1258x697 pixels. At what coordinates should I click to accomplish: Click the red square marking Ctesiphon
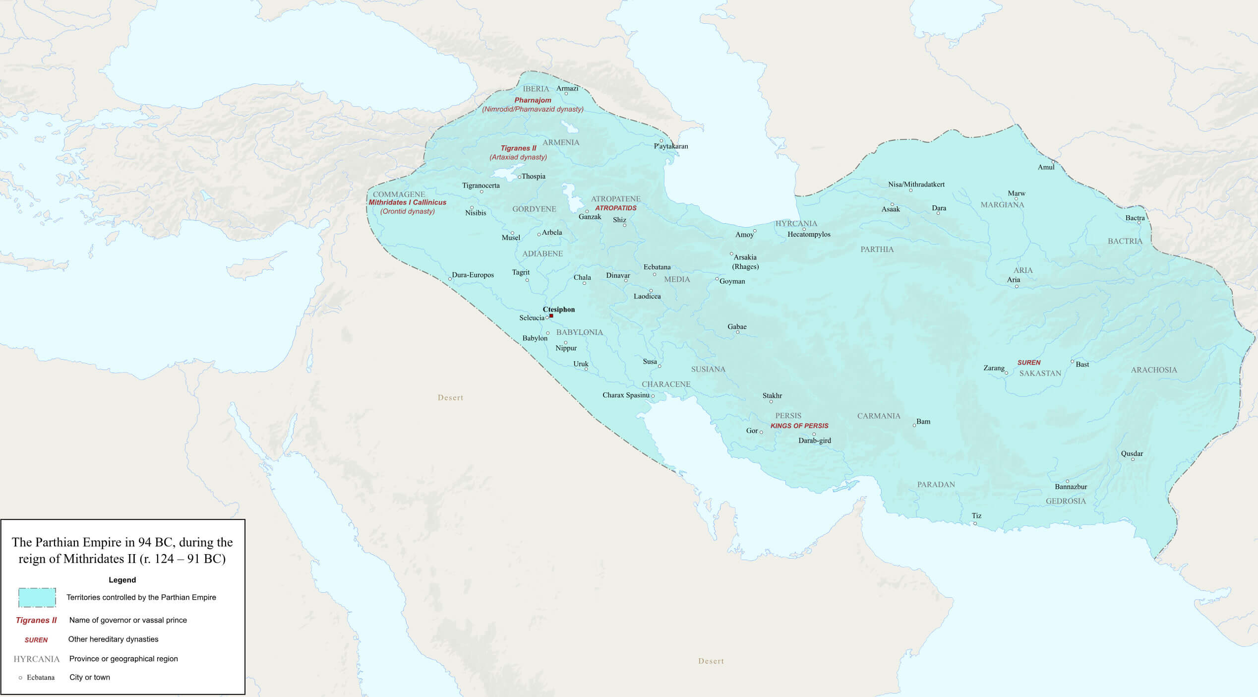pos(551,316)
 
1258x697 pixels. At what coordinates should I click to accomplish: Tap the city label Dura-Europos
pos(473,275)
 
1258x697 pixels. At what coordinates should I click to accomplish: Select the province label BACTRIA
pos(1125,241)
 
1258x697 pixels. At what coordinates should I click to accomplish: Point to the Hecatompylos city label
pos(809,234)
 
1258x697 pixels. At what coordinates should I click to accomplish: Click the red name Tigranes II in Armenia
pos(518,148)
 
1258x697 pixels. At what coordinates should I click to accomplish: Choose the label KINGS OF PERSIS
pos(799,426)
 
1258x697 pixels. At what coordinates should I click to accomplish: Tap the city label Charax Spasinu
pos(626,395)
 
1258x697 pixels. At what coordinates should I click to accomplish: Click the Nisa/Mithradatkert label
pos(916,185)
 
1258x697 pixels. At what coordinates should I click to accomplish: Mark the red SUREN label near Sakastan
pos(1029,363)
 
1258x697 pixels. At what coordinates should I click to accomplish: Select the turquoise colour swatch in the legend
pos(37,597)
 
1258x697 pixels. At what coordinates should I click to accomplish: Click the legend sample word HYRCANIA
pos(36,659)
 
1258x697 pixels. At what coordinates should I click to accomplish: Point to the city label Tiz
pos(976,516)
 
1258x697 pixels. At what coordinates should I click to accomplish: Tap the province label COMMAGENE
pos(399,194)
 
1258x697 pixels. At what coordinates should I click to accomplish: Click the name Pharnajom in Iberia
pos(533,100)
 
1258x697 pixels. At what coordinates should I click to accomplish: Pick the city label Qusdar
pos(1132,453)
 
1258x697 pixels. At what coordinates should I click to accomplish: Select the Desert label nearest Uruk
pos(450,397)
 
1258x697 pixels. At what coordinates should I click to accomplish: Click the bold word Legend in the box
pos(122,580)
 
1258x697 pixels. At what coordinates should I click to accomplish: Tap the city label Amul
pos(1046,167)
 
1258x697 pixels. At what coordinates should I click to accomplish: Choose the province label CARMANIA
pos(878,416)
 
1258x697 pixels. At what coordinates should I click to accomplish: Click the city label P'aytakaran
pos(670,146)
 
